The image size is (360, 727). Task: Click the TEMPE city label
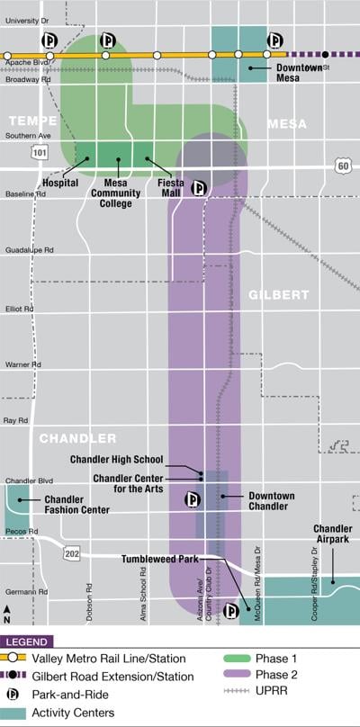33,121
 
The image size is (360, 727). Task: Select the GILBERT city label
278,294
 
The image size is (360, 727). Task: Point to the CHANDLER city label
77,438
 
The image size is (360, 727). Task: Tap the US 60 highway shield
342,166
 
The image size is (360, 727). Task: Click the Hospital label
59,183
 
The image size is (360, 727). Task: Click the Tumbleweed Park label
160,559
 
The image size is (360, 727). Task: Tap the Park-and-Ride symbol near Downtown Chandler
192,499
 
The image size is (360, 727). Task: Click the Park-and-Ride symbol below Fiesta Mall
200,188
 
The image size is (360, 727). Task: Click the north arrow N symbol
7,614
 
